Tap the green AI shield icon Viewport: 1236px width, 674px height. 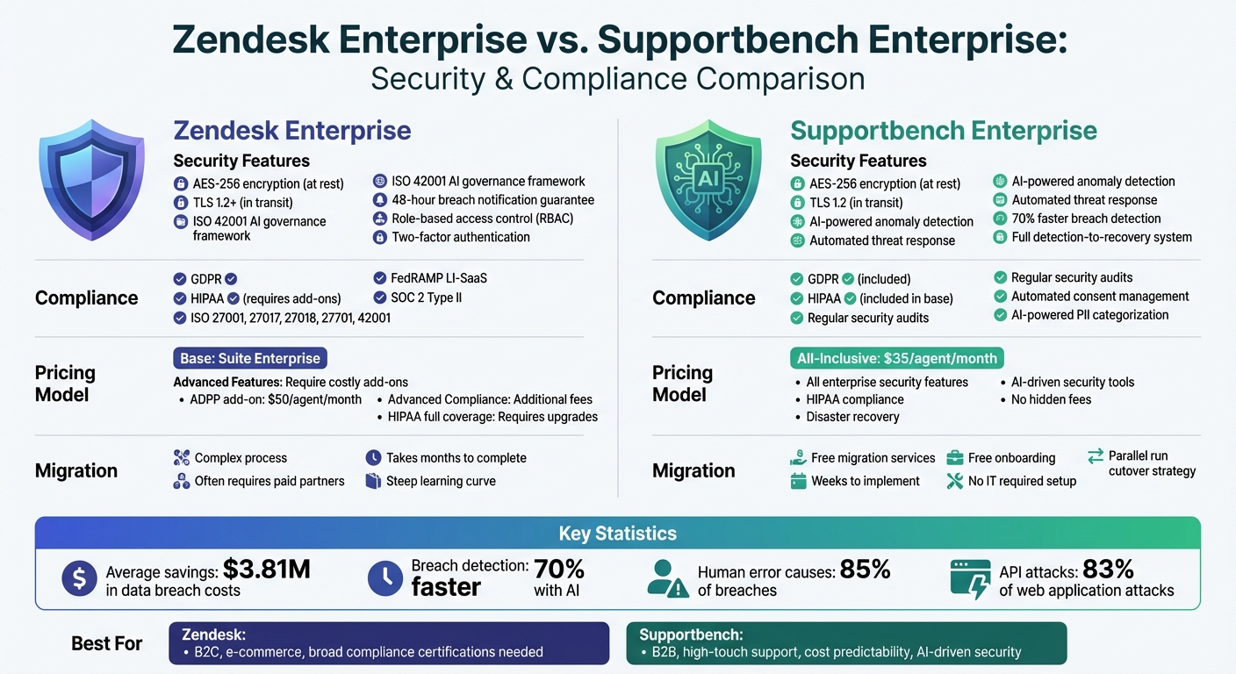(x=707, y=182)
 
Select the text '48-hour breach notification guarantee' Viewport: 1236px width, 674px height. (x=492, y=200)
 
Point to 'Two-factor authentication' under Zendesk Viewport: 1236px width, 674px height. (x=460, y=237)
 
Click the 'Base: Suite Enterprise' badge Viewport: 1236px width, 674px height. (x=250, y=358)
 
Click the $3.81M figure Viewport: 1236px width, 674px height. (x=267, y=570)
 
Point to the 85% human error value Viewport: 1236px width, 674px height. (x=865, y=570)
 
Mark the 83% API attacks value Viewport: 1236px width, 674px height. (x=1108, y=570)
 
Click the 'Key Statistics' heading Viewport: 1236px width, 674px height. (x=617, y=534)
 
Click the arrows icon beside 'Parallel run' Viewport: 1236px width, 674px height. (x=1095, y=456)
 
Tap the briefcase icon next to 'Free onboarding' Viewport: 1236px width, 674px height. (x=954, y=458)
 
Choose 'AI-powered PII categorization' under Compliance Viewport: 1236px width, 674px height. (x=1089, y=315)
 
